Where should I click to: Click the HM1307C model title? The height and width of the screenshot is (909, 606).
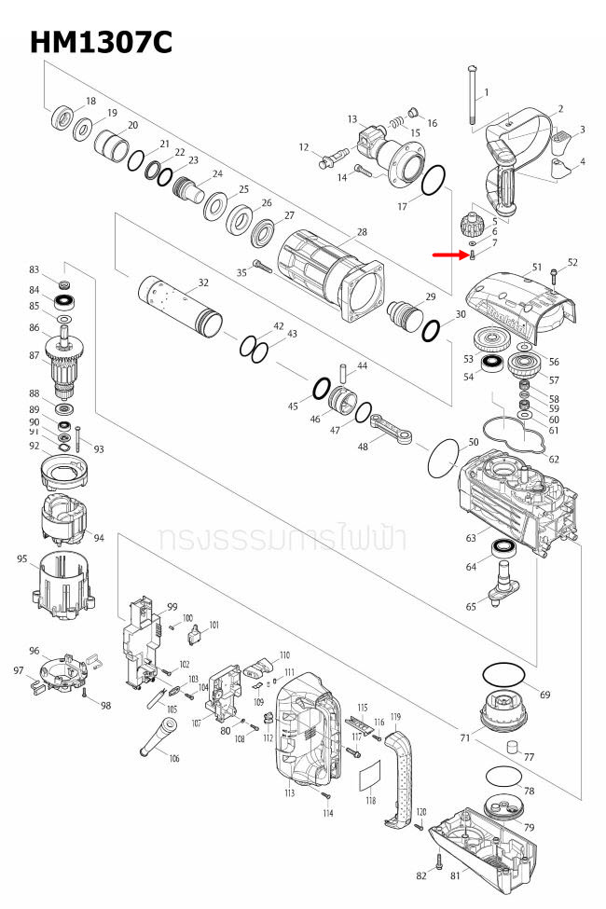(x=101, y=41)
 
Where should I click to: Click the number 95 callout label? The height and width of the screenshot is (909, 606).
(x=21, y=559)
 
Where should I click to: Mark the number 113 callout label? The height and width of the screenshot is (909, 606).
(x=290, y=793)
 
